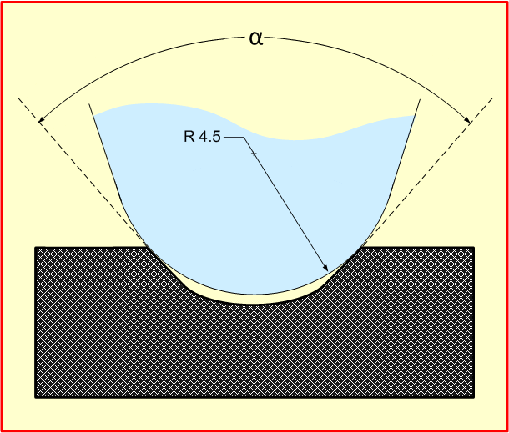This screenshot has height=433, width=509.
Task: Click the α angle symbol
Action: (256, 38)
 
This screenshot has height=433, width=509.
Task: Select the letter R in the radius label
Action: (189, 136)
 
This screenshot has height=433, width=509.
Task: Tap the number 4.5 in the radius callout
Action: (209, 136)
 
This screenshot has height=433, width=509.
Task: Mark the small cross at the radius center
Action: (254, 154)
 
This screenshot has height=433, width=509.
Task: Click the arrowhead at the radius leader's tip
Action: (325, 267)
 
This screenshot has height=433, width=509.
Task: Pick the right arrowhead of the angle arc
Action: (466, 119)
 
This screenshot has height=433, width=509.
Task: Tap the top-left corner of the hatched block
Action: (35, 247)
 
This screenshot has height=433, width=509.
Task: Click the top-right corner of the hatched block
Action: (474, 247)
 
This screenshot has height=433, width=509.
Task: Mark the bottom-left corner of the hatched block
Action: (35, 398)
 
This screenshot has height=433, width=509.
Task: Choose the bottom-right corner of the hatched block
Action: (474, 398)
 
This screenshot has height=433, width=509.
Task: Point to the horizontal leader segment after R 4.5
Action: (234, 138)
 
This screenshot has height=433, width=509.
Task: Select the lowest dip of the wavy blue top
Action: (297, 140)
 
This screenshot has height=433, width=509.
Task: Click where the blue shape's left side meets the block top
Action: (145, 247)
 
